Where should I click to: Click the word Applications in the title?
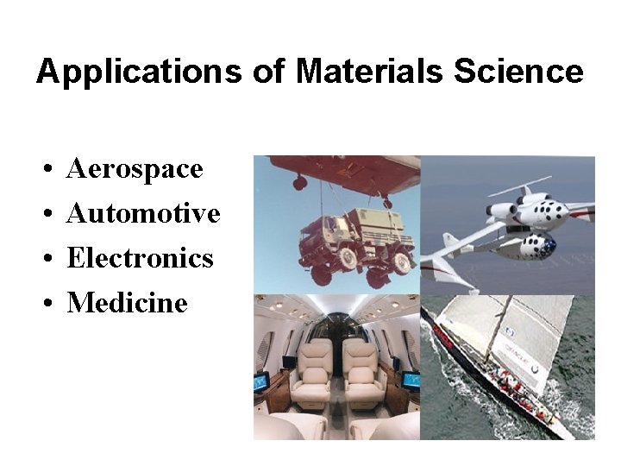pyautogui.click(x=139, y=72)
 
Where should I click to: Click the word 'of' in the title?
pyautogui.click(x=268, y=72)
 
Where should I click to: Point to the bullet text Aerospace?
pyautogui.click(x=135, y=168)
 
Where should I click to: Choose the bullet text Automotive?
pyautogui.click(x=143, y=213)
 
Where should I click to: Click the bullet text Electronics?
pyautogui.click(x=140, y=258)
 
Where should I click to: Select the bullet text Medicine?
pyautogui.click(x=127, y=303)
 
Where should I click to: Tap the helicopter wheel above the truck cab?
pyautogui.click(x=300, y=183)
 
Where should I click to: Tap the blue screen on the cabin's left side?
pyautogui.click(x=261, y=381)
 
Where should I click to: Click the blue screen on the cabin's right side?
pyautogui.click(x=411, y=379)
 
